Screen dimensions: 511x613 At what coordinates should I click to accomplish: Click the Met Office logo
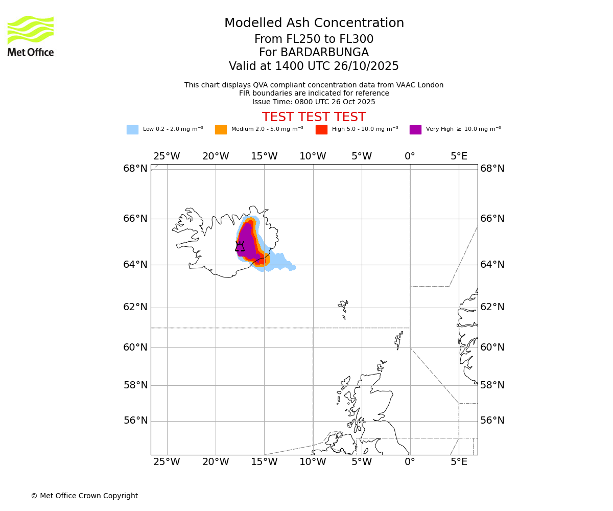(x=31, y=36)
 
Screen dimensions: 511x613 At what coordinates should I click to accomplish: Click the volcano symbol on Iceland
(x=240, y=247)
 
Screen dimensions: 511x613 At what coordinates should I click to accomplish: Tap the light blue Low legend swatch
(x=132, y=129)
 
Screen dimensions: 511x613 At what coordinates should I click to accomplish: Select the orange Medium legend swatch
(x=221, y=129)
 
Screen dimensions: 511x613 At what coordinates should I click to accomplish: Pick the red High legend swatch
(x=321, y=129)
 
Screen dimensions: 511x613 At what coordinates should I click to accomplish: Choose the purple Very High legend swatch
(x=415, y=129)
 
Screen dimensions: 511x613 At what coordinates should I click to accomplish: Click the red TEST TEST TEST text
(x=314, y=117)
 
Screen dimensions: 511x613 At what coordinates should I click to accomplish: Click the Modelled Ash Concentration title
(x=314, y=23)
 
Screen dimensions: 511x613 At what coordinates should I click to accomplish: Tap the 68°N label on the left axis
(x=135, y=169)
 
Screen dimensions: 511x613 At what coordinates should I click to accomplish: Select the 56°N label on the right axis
(x=492, y=421)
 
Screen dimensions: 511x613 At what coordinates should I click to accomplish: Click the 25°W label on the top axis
(x=167, y=156)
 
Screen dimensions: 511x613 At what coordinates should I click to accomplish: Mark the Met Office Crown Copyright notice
(x=84, y=496)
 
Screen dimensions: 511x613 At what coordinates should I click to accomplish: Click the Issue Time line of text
(x=314, y=102)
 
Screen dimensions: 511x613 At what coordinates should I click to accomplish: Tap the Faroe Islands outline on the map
(x=343, y=309)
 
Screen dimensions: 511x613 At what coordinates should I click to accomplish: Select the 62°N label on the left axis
(x=135, y=307)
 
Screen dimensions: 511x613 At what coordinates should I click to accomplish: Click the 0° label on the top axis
(x=410, y=156)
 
